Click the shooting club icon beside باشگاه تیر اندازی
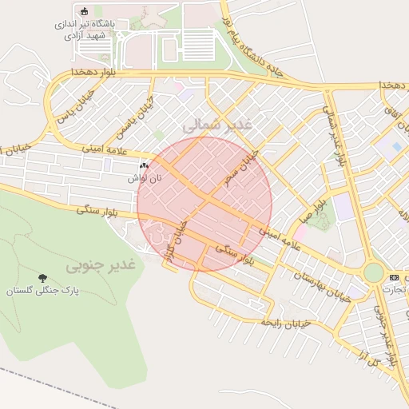(x=85, y=11)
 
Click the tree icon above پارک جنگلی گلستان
(x=41, y=278)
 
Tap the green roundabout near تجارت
(x=372, y=272)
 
